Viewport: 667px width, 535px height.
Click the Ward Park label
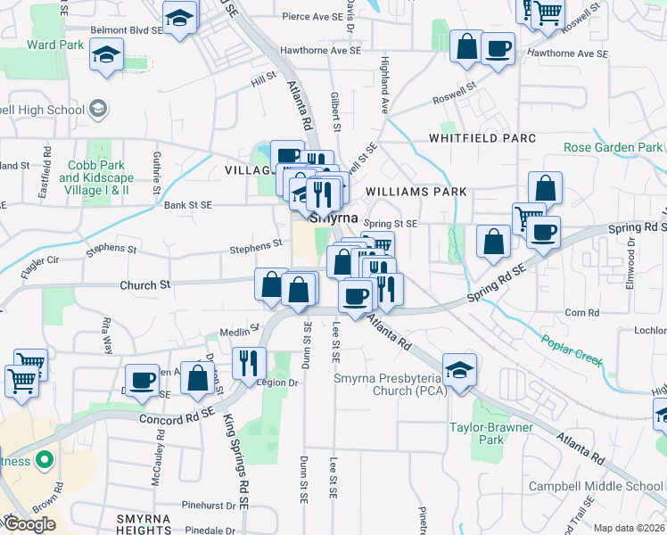pyautogui.click(x=55, y=45)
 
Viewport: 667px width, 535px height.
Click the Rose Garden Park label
pyautogui.click(x=613, y=147)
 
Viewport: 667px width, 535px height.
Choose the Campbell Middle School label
pyautogui.click(x=596, y=486)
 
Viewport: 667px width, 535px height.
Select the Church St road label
pyautogui.click(x=144, y=285)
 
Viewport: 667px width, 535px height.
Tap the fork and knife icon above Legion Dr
pyautogui.click(x=249, y=360)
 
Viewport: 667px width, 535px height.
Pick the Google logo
pyautogui.click(x=29, y=523)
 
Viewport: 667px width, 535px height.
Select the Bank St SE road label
pyautogui.click(x=188, y=205)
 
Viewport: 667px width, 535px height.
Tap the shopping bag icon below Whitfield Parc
pyautogui.click(x=545, y=188)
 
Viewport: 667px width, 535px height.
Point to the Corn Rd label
pyautogui.click(x=581, y=313)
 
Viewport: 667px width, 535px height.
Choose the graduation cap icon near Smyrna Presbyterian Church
pyautogui.click(x=459, y=370)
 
